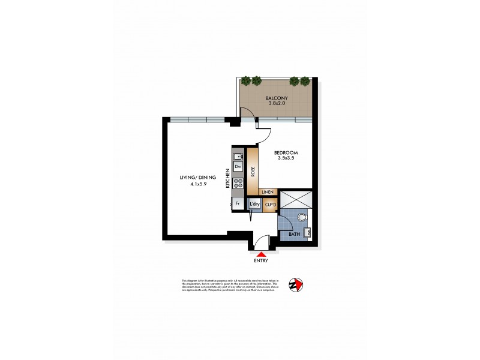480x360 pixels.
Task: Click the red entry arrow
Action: point(260,254)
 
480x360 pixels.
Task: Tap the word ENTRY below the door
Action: point(260,261)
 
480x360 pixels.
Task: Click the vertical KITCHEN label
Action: point(227,179)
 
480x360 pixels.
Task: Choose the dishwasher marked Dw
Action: point(238,167)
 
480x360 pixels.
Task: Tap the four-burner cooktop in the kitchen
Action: point(238,184)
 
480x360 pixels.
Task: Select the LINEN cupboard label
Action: point(268,192)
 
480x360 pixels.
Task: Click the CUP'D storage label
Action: point(270,205)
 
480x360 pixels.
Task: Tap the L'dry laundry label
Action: point(255,205)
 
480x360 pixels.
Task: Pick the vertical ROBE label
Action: point(253,172)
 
